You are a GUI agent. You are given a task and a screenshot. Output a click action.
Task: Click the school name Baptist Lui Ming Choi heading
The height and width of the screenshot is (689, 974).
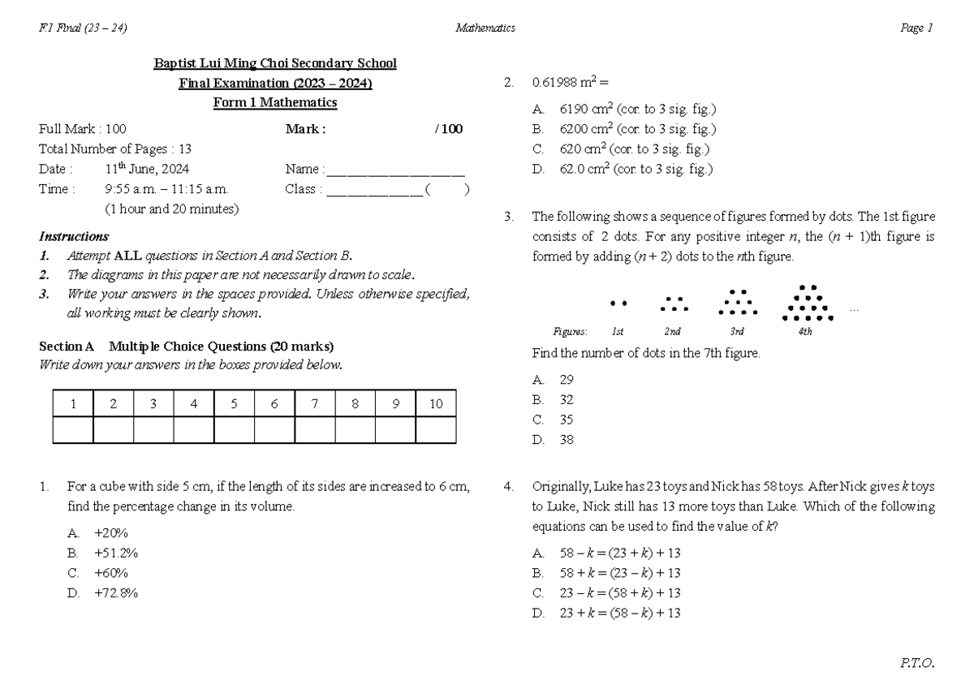[x=275, y=63]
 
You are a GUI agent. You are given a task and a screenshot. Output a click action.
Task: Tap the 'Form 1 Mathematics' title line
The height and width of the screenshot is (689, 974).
[x=275, y=103]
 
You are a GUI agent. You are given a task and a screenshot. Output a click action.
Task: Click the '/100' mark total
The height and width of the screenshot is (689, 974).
[x=449, y=129]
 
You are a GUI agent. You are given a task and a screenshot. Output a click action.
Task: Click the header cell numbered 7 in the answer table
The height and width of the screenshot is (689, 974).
[x=314, y=404]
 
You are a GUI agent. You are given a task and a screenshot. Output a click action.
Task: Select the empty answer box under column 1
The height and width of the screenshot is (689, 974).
[x=73, y=430]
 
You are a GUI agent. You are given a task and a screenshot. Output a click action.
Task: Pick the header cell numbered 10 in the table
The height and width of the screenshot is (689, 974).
[x=436, y=404]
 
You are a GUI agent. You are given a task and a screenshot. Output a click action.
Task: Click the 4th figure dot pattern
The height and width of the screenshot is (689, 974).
[x=806, y=304]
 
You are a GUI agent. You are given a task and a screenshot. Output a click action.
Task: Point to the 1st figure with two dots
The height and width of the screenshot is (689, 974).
[x=618, y=304]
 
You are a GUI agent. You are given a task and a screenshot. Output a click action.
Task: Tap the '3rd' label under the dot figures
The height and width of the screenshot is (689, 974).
[x=737, y=332]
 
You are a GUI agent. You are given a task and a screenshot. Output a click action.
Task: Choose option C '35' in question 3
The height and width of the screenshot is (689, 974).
[x=567, y=420]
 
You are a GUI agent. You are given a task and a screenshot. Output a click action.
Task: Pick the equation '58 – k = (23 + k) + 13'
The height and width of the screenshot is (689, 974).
[x=620, y=553]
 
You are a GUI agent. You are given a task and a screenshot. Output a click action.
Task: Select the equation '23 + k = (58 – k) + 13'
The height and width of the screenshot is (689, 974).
[x=620, y=614]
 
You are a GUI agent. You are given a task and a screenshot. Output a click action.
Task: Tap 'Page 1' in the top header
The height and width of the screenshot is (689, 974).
[x=917, y=28]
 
